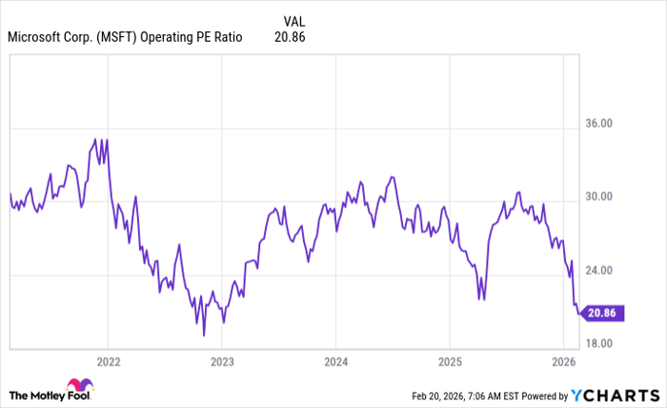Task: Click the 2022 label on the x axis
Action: click(x=108, y=362)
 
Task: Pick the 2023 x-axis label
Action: click(x=222, y=362)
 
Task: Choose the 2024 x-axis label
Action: click(x=335, y=362)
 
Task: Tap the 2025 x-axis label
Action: click(x=450, y=362)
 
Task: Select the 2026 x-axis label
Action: click(x=563, y=362)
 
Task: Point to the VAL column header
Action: click(x=295, y=20)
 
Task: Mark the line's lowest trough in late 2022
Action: click(x=204, y=335)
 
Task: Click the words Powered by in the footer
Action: click(x=543, y=395)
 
